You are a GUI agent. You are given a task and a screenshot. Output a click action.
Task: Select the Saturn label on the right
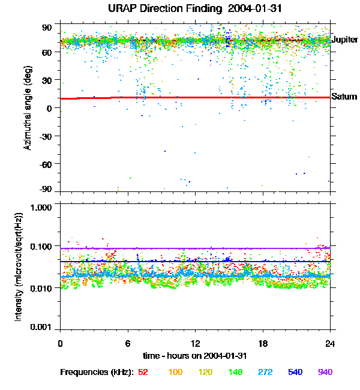click(344, 97)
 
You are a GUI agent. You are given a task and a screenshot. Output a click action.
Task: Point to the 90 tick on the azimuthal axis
click(47, 27)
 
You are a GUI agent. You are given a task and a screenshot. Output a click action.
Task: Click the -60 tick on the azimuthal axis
click(45, 163)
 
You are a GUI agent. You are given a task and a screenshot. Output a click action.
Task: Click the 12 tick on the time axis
click(195, 343)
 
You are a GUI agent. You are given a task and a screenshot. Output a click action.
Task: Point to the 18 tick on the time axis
click(263, 343)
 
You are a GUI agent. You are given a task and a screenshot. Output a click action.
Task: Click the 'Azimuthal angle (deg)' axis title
click(28, 108)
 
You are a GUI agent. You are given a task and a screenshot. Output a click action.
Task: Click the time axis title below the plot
click(195, 356)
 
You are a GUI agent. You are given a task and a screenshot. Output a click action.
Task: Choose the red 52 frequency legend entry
click(143, 372)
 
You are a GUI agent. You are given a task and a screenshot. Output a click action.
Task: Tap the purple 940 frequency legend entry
click(325, 372)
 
